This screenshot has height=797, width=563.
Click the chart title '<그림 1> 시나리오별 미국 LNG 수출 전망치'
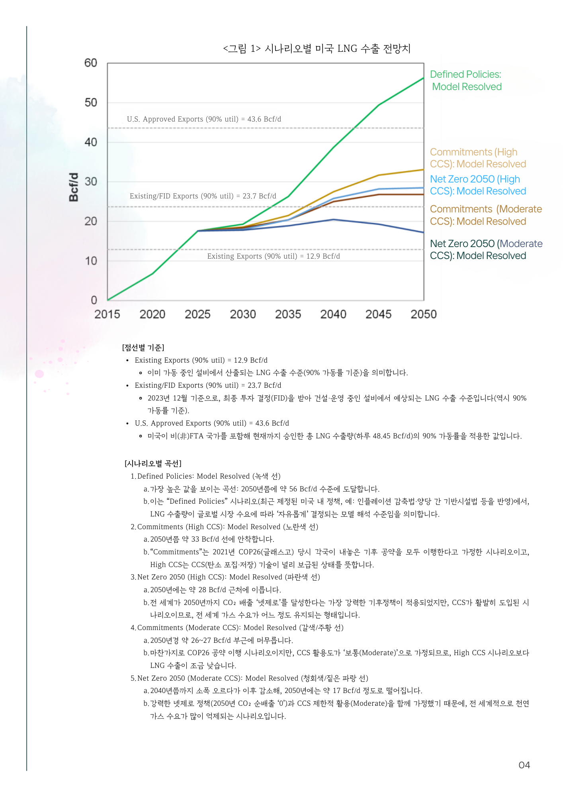(x=317, y=49)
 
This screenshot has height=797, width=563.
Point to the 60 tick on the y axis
(x=91, y=63)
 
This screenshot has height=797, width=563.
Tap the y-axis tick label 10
(x=91, y=261)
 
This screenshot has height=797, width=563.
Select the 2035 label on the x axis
(x=288, y=314)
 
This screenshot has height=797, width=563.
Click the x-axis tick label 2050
(x=424, y=314)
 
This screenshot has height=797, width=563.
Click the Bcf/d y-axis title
(x=74, y=187)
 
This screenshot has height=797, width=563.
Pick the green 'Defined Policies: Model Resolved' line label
(x=466, y=80)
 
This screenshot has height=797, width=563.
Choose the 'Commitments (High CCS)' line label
(x=478, y=158)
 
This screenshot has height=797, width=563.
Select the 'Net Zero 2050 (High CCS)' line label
(x=478, y=185)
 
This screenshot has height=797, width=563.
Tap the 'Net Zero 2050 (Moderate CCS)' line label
(x=486, y=249)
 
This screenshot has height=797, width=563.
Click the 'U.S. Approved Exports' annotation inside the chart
(x=204, y=119)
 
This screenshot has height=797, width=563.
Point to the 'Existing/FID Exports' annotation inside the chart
(x=203, y=196)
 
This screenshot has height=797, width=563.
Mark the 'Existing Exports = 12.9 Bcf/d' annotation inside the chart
(x=274, y=256)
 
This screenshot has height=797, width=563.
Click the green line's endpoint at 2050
(x=423, y=78)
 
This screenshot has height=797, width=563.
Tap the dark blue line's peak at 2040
(x=333, y=220)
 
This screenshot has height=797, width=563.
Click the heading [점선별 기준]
(x=143, y=347)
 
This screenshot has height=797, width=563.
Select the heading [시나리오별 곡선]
(x=153, y=463)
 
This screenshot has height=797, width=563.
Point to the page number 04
(x=524, y=765)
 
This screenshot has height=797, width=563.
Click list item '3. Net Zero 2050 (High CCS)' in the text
(x=225, y=577)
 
